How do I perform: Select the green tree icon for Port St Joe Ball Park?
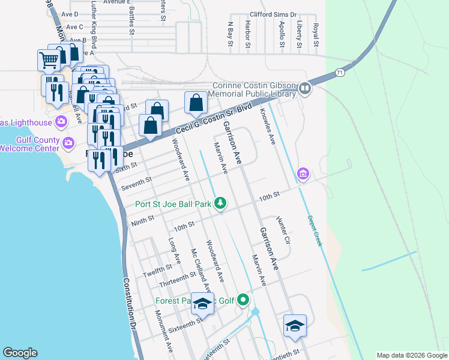point(220,203)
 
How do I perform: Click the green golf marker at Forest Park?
point(243,299)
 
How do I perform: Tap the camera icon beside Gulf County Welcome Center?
point(68,143)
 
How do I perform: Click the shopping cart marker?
point(49,60)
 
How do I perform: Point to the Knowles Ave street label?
point(267,127)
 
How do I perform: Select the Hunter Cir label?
point(283,231)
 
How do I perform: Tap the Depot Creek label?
point(315,231)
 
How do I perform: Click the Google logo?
point(20,353)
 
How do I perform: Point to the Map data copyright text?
point(411,355)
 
